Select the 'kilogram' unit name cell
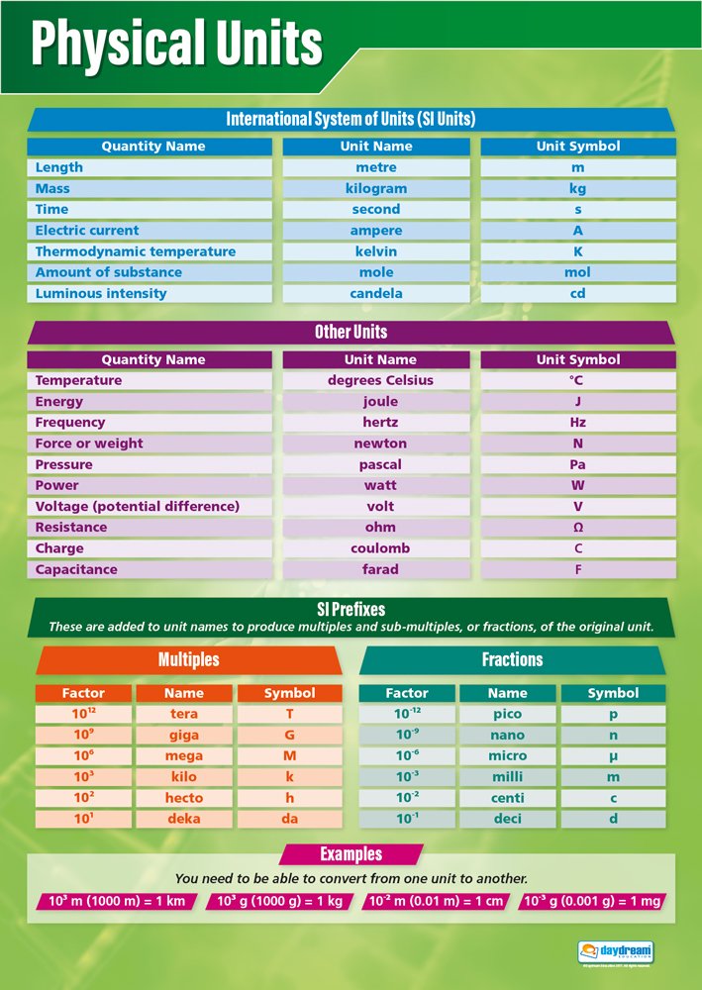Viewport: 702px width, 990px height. [376, 188]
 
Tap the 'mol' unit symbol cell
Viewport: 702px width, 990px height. [578, 272]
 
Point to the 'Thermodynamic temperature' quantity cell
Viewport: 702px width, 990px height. [149, 251]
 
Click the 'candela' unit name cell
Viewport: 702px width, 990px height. [376, 293]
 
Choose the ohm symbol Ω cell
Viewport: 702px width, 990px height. [578, 528]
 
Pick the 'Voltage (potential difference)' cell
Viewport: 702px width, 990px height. [149, 506]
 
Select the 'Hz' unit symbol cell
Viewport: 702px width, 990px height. [578, 423]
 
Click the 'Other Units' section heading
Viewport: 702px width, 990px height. [351, 332]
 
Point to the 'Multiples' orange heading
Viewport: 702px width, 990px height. [188, 659]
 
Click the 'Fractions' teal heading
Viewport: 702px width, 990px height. [512, 659]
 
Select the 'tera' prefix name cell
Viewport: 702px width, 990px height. [184, 714]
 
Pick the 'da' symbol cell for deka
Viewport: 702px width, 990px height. [289, 819]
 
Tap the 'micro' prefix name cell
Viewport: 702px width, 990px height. [508, 756]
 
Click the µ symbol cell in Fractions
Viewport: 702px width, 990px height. [613, 756]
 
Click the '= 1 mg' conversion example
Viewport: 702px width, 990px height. [592, 901]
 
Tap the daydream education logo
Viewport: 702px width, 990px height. [615, 952]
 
